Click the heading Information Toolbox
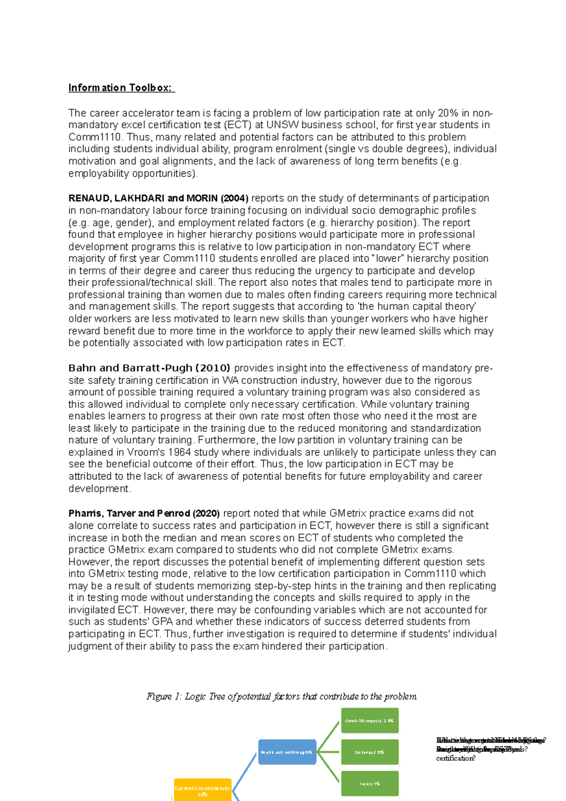(x=121, y=88)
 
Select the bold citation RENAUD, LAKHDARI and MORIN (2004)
(x=158, y=198)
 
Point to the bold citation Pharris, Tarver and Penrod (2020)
(x=144, y=513)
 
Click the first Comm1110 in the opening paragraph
(x=94, y=137)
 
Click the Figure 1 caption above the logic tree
(x=282, y=696)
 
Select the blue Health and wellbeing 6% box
(x=287, y=752)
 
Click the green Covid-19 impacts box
(x=370, y=720)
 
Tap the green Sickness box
(x=370, y=752)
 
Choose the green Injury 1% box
(x=370, y=783)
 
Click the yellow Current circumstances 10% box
(x=202, y=791)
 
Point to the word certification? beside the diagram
(x=456, y=758)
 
